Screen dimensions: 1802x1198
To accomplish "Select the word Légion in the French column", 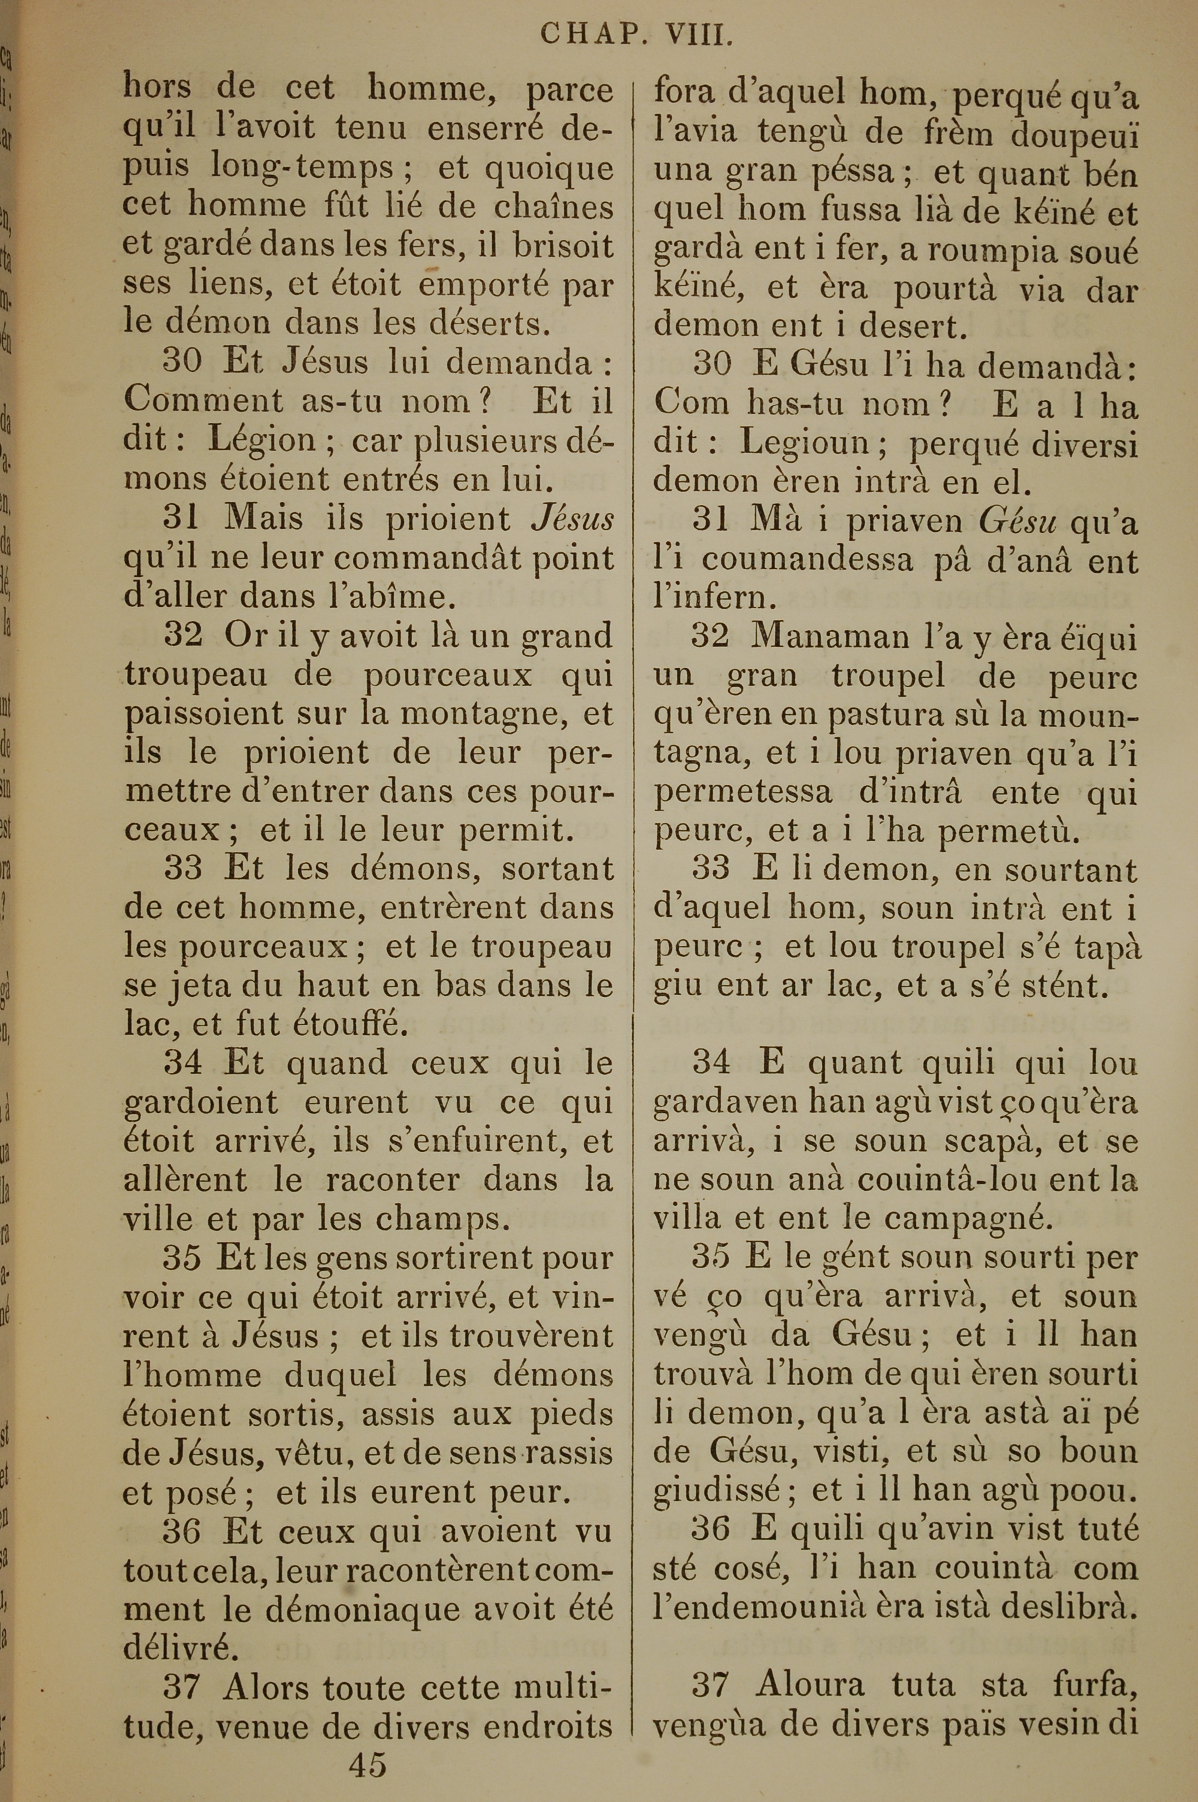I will (x=262, y=442).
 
